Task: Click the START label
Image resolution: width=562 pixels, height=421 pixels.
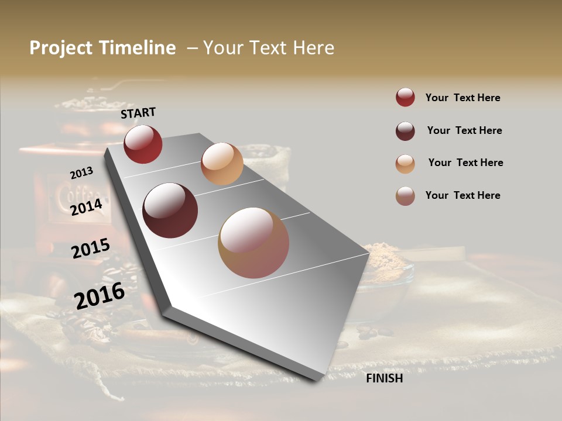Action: point(138,113)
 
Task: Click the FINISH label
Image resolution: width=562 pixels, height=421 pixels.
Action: point(385,378)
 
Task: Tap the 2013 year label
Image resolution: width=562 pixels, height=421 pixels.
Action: point(81,173)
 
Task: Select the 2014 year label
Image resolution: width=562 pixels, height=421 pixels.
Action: point(87,207)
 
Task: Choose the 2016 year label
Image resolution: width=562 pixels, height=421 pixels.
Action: point(100,295)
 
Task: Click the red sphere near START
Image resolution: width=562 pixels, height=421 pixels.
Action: point(143,144)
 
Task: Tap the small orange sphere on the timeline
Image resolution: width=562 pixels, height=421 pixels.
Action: point(222,164)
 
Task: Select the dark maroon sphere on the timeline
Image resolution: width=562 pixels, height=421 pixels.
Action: point(170,210)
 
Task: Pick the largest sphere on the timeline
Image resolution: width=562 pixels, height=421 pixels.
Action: point(253,243)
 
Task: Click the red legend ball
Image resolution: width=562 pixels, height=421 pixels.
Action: point(405,98)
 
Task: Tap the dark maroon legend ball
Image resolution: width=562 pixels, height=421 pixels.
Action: point(405,131)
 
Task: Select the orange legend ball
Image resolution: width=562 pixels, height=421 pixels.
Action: point(405,164)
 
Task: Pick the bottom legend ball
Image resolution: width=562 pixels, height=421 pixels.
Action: point(405,196)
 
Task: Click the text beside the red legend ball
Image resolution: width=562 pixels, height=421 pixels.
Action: point(462,98)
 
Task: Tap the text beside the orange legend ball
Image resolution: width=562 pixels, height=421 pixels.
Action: point(465,163)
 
